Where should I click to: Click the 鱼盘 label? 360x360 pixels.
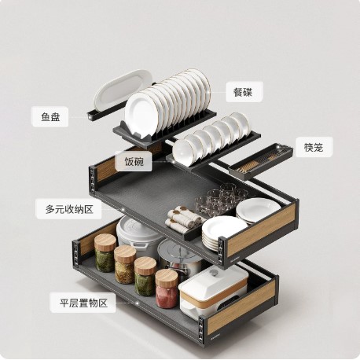(x=50, y=116)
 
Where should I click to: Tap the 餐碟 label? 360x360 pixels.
(x=244, y=92)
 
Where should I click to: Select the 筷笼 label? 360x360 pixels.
(x=314, y=147)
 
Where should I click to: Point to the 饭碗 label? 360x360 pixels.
(x=134, y=161)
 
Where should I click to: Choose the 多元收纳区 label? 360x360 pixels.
(x=69, y=209)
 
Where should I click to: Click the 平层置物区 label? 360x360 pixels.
(x=83, y=303)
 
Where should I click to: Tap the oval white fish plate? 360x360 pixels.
(x=123, y=90)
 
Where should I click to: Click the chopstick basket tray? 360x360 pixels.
(x=260, y=161)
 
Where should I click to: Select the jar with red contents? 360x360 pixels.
(x=167, y=288)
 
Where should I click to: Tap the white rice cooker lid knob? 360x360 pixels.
(x=214, y=273)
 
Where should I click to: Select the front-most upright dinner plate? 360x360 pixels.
(x=141, y=114)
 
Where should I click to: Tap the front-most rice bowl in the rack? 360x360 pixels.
(x=182, y=152)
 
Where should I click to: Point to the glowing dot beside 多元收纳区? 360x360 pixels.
(x=123, y=209)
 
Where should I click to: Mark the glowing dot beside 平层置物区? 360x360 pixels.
(x=137, y=303)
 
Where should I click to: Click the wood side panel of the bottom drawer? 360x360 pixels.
(x=241, y=307)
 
